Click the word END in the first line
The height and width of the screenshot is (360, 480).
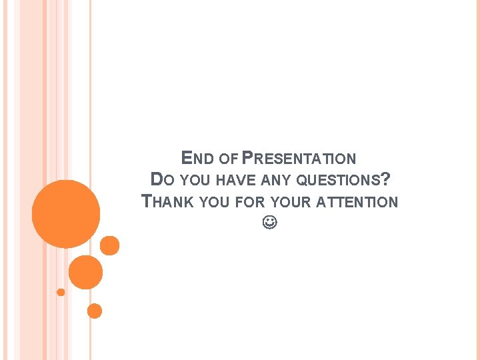[x=197, y=159]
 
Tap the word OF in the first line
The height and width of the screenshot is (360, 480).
[x=229, y=159]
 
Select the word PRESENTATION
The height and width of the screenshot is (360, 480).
[x=299, y=159]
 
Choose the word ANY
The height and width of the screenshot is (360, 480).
[x=277, y=181]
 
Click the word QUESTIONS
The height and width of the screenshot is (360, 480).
[x=338, y=181]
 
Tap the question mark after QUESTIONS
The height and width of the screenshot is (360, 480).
[x=386, y=179]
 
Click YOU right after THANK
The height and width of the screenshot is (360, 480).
[x=213, y=202]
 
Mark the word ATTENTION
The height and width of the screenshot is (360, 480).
[x=359, y=202]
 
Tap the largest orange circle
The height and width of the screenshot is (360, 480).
[x=66, y=214]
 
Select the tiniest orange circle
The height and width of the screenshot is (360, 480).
[x=61, y=292]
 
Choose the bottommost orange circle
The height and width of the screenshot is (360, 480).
[x=95, y=311]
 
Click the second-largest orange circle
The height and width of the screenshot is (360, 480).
[x=85, y=272]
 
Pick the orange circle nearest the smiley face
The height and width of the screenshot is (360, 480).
[x=109, y=245]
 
